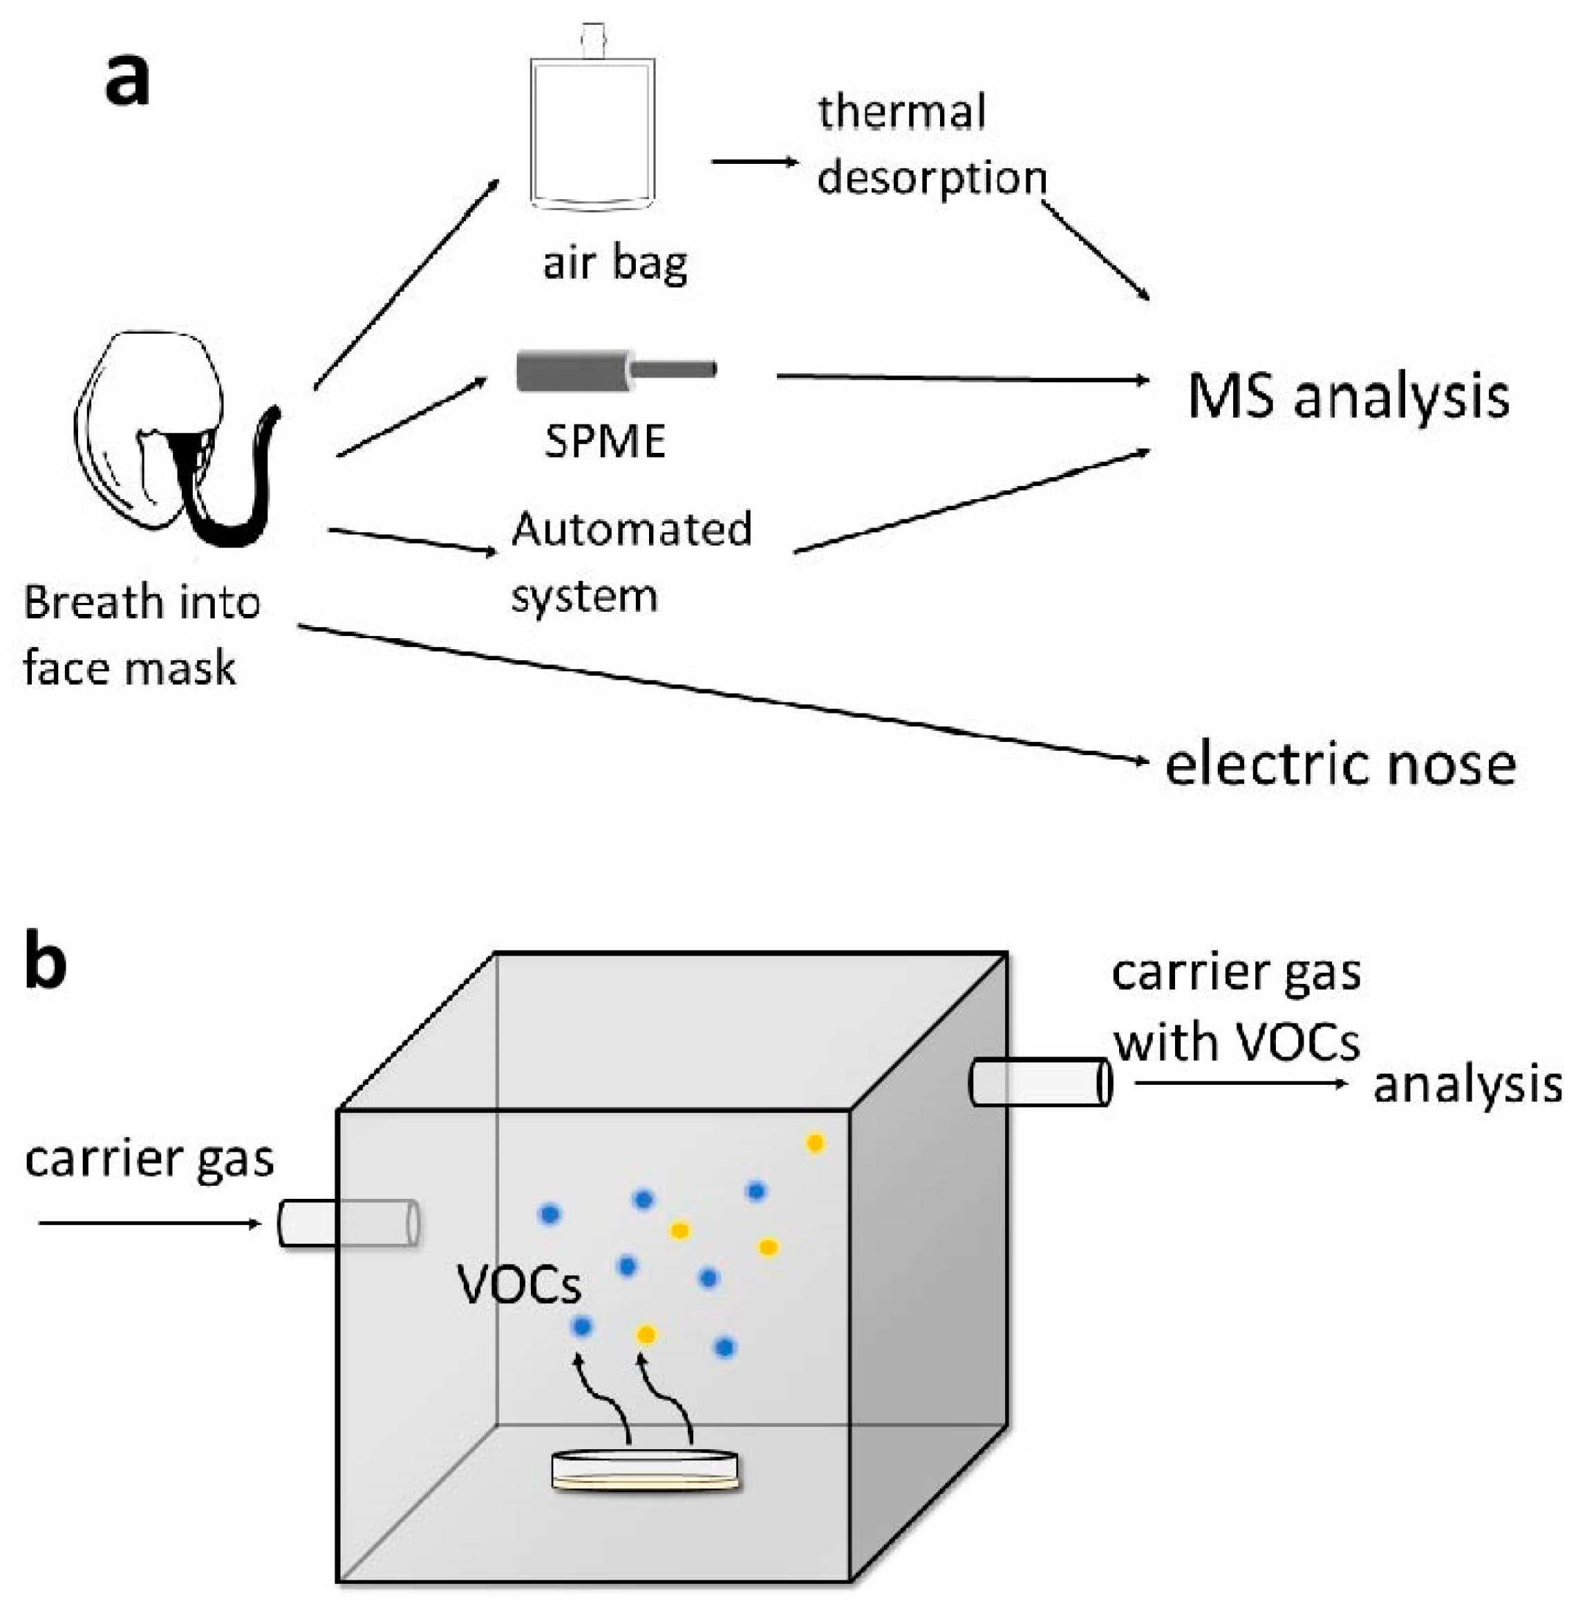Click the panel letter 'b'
click(x=46, y=962)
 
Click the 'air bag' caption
click(x=615, y=264)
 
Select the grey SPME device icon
click(x=615, y=371)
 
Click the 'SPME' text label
click(x=605, y=441)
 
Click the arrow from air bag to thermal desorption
click(x=753, y=162)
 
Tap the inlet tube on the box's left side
click(x=348, y=1223)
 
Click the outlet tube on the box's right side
click(x=1040, y=1082)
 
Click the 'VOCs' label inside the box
click(x=518, y=1285)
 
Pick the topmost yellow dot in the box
click(x=814, y=1144)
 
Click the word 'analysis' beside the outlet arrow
click(x=1467, y=1085)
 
